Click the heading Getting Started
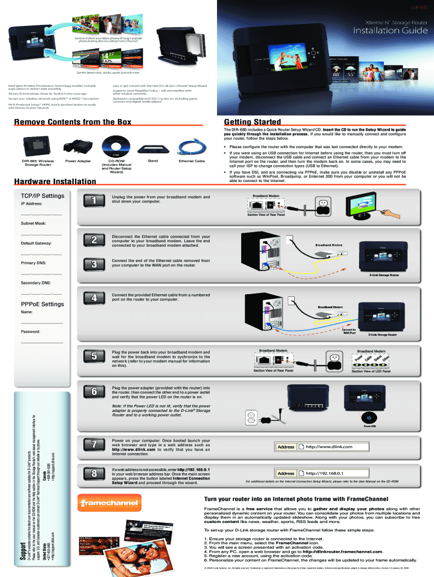pyautogui.click(x=252, y=122)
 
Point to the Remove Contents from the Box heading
pyautogui.click(x=73, y=122)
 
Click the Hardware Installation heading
pyautogui.click(x=55, y=181)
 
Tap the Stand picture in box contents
pyautogui.click(x=153, y=148)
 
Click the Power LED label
pyautogui.click(x=369, y=427)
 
